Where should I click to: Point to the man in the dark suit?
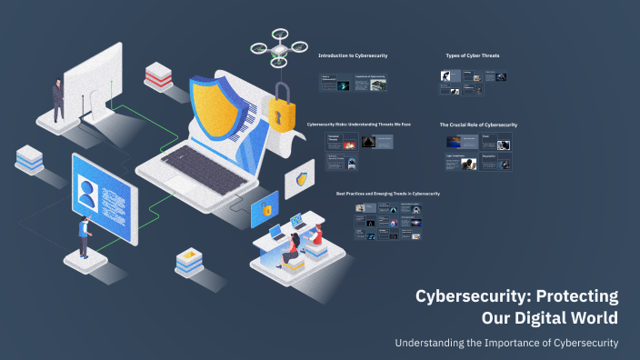(x=58, y=98)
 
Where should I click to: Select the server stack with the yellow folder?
(x=188, y=261)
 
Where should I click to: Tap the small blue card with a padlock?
(x=266, y=209)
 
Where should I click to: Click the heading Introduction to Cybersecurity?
(x=353, y=55)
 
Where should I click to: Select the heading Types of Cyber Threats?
(x=472, y=55)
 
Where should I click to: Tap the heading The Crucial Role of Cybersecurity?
(x=478, y=124)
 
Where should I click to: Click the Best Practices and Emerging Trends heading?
(x=387, y=194)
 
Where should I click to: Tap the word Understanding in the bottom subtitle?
(x=430, y=343)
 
